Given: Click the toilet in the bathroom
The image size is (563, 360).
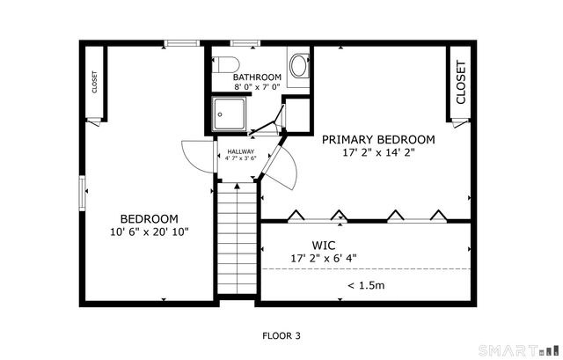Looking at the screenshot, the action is click(x=225, y=64).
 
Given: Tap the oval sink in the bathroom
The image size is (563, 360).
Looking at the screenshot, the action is click(x=299, y=65).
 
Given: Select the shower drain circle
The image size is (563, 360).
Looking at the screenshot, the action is click(x=220, y=114).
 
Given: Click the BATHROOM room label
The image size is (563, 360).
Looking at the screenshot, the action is click(x=257, y=77).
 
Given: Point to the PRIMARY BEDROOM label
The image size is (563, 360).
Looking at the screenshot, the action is click(x=378, y=139).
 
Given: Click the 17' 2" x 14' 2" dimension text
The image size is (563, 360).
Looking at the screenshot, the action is click(x=379, y=152).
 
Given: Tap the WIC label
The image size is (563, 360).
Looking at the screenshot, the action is click(x=324, y=246).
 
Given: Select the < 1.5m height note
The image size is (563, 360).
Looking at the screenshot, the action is click(x=366, y=285).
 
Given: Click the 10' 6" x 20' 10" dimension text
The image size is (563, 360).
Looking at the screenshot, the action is click(x=150, y=232).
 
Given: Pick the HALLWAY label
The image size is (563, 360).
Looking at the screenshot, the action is click(x=240, y=151).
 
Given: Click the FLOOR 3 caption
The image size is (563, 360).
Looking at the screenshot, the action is click(x=281, y=336).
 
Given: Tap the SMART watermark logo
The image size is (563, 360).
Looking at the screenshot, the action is click(x=519, y=350).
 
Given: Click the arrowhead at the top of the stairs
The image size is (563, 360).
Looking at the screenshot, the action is click(x=237, y=186).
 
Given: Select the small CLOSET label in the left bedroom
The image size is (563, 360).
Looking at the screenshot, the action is click(x=95, y=82).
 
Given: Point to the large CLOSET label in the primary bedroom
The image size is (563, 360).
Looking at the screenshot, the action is click(x=461, y=82).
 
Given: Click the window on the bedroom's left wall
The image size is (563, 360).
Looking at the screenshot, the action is click(x=82, y=193).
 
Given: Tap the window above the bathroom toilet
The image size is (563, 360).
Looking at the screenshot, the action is click(x=245, y=43).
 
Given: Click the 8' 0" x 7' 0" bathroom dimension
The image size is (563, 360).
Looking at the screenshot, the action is click(x=257, y=86).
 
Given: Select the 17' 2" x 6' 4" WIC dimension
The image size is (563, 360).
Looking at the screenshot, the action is click(x=324, y=258).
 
